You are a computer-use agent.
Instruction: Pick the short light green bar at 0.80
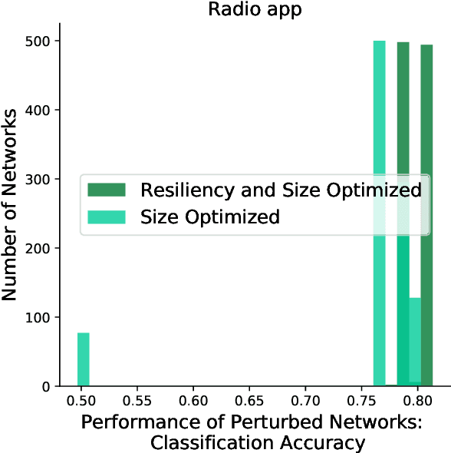(x=415, y=342)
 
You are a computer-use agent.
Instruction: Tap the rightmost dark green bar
(x=426, y=215)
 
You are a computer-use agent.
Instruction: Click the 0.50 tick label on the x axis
(x=84, y=402)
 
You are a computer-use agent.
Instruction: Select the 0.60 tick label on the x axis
(x=195, y=402)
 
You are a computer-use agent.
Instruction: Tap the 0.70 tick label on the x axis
(x=306, y=402)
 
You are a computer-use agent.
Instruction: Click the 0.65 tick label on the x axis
(x=250, y=402)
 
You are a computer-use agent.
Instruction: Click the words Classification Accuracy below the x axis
(x=258, y=442)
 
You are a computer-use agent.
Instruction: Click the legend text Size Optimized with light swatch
(x=209, y=217)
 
